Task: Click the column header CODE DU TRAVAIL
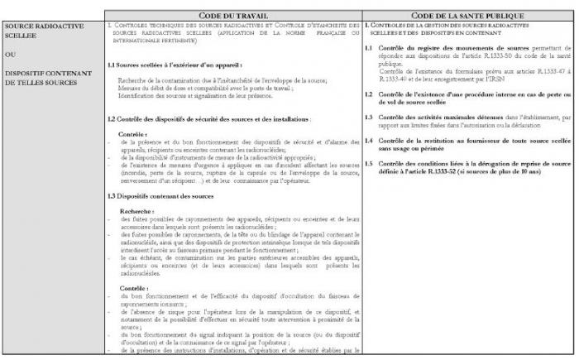[x=233, y=16]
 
